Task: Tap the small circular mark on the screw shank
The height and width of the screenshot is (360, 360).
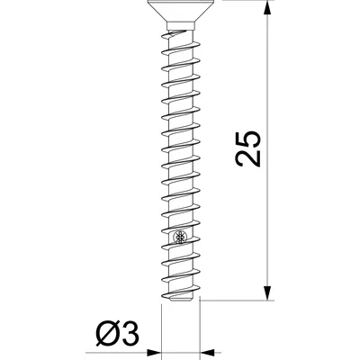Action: click(x=181, y=238)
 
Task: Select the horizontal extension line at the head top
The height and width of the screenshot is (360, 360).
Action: click(x=234, y=2)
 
